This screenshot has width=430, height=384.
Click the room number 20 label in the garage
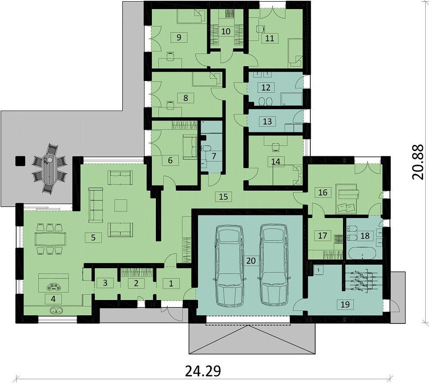(x=251, y=260)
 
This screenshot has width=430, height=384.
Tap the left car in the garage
(x=228, y=265)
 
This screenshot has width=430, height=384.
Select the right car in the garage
(x=273, y=265)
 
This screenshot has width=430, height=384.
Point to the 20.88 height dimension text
(x=418, y=162)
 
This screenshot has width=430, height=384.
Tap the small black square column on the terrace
(x=20, y=161)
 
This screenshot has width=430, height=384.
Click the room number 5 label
(x=93, y=237)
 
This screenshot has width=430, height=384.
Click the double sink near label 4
(x=56, y=311)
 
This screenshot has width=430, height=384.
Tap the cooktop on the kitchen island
(x=54, y=287)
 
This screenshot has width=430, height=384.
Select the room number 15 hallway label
(x=224, y=196)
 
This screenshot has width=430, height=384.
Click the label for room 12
(x=266, y=88)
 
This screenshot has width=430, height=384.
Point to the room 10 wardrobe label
(x=226, y=31)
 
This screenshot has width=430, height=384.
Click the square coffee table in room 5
(x=121, y=205)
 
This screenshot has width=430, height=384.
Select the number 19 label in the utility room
(x=345, y=304)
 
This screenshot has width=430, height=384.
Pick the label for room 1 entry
(x=171, y=283)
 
